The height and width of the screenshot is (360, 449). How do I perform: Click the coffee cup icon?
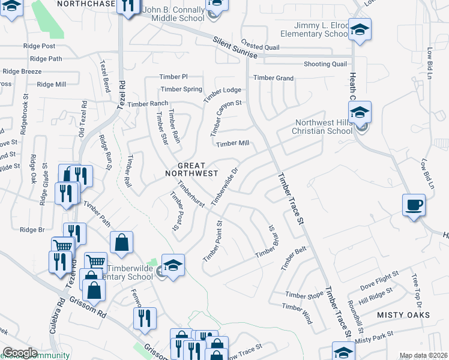click(x=414, y=205)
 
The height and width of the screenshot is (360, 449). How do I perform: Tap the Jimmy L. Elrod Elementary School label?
click(x=322, y=30)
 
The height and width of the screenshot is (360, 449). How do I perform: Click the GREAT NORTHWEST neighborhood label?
click(x=191, y=169)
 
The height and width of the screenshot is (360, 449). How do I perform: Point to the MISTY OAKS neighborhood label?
click(x=403, y=314)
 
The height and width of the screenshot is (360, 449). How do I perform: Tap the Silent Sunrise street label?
click(x=235, y=47)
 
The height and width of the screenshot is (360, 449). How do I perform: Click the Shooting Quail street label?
click(x=325, y=64)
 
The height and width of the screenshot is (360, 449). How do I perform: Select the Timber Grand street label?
click(x=273, y=78)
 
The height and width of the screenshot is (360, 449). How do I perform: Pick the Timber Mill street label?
click(x=232, y=143)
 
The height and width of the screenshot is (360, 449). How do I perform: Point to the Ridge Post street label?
click(x=39, y=46)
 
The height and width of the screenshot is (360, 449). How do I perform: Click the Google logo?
click(x=20, y=353)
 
